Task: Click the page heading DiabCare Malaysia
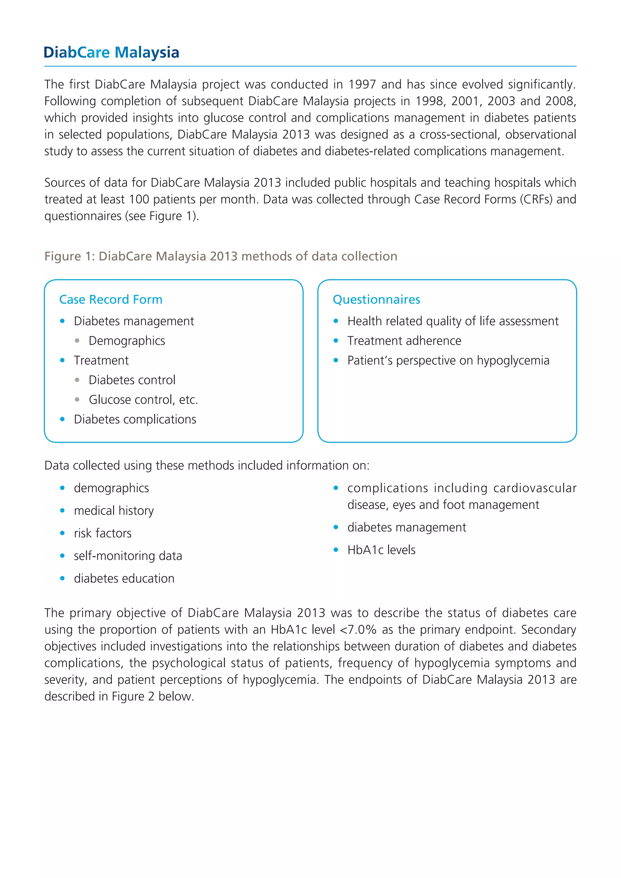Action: (x=111, y=52)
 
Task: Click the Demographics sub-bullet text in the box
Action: (x=126, y=341)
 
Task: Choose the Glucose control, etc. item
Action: (x=143, y=400)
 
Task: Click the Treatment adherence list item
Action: (x=404, y=341)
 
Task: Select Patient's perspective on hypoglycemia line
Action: (x=448, y=360)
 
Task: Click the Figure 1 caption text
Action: (x=221, y=256)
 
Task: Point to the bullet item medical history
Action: (x=114, y=511)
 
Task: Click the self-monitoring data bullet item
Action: (x=128, y=556)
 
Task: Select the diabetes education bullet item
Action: (x=124, y=578)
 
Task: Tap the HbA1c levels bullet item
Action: (x=381, y=550)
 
